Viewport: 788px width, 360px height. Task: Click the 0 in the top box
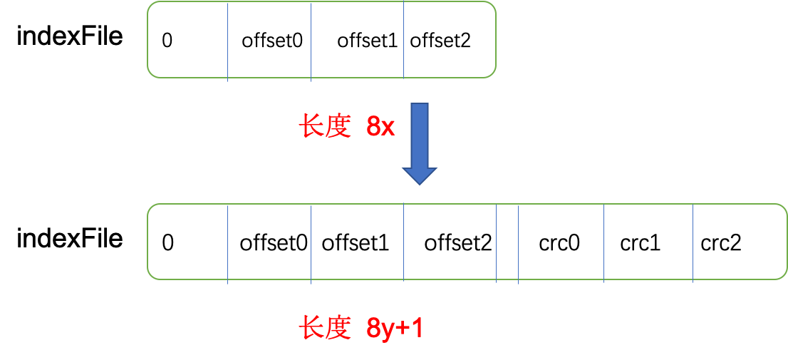click(x=167, y=41)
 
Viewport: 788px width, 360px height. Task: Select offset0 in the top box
click(x=271, y=41)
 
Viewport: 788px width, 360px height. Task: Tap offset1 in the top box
click(x=366, y=41)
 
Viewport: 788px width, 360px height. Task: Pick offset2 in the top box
click(x=440, y=41)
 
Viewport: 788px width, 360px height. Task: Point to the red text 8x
click(x=380, y=127)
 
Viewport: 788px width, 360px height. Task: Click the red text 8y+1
click(x=395, y=329)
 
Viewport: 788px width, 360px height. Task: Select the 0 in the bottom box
click(x=167, y=244)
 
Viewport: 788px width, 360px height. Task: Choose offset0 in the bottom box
click(x=274, y=244)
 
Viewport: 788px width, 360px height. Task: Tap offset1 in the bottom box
click(x=355, y=244)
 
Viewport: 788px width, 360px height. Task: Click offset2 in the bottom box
click(x=458, y=244)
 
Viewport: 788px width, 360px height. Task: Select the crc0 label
click(x=559, y=244)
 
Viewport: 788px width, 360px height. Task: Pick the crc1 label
click(x=640, y=244)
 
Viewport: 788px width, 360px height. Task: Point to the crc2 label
click(x=721, y=244)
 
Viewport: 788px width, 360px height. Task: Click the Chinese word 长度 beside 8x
click(x=325, y=127)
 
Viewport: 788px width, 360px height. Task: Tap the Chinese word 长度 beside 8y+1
click(x=325, y=329)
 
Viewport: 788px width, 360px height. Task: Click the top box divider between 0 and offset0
click(x=228, y=41)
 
